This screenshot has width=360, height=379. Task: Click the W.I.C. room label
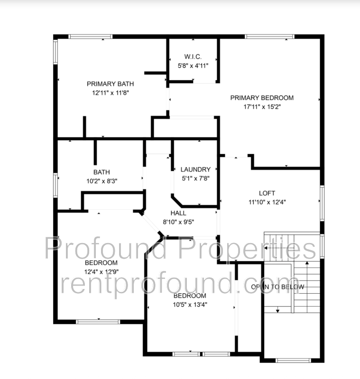pyautogui.click(x=193, y=56)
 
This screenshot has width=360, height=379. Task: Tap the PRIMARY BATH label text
pyautogui.click(x=111, y=84)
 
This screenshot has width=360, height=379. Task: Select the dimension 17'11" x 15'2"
pyautogui.click(x=262, y=107)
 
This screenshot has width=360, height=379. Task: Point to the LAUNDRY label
pyautogui.click(x=195, y=170)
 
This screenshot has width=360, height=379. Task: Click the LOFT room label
pyautogui.click(x=267, y=193)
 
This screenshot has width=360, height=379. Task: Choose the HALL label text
pyautogui.click(x=178, y=213)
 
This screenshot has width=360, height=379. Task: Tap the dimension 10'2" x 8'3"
pyautogui.click(x=102, y=181)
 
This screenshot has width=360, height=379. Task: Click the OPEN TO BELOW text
pyautogui.click(x=277, y=287)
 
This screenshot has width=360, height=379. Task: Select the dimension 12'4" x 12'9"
pyautogui.click(x=102, y=271)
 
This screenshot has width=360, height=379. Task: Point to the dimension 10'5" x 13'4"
pyautogui.click(x=190, y=305)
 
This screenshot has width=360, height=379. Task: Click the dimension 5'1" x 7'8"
pyautogui.click(x=195, y=179)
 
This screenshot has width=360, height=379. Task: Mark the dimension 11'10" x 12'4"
pyautogui.click(x=267, y=202)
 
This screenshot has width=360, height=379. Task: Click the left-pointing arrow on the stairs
pyautogui.click(x=279, y=248)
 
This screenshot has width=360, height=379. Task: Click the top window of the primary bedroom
pyautogui.click(x=270, y=36)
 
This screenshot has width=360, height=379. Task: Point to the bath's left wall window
pyautogui.click(x=55, y=185)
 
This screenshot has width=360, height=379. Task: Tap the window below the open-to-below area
pyautogui.click(x=293, y=361)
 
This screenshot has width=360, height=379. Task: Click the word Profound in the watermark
pyautogui.click(x=106, y=248)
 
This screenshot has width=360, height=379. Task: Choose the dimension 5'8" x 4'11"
pyautogui.click(x=193, y=65)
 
